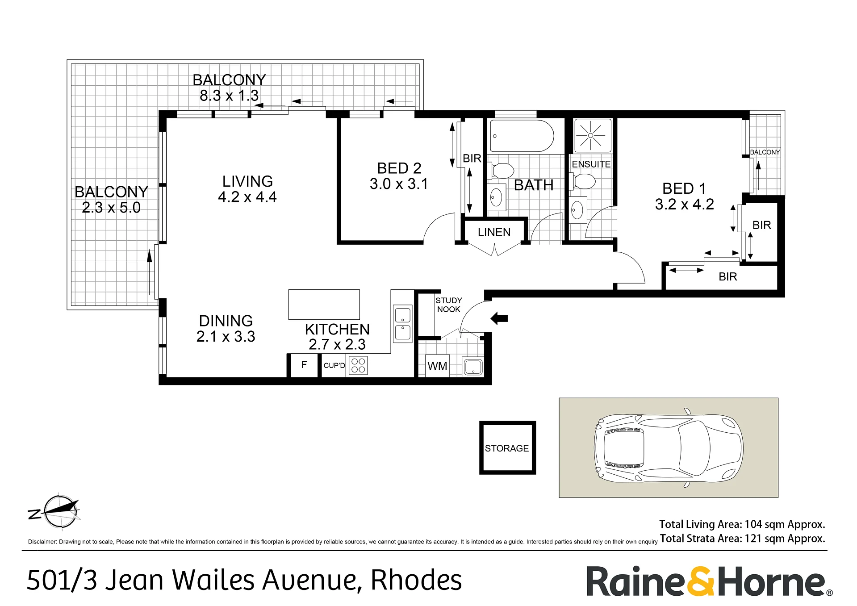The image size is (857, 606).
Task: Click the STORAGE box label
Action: pos(507,448)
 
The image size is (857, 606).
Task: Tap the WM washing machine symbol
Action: pos(437,366)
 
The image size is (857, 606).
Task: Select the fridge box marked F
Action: pos(304,365)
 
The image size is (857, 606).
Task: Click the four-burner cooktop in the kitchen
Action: pos(358,365)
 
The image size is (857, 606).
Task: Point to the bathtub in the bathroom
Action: pos(522,136)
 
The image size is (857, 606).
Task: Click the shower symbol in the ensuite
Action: pos(590,135)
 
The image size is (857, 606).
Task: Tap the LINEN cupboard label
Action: pos(494,232)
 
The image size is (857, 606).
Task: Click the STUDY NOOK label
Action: pos(449,305)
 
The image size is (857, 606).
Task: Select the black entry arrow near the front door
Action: pos(499,318)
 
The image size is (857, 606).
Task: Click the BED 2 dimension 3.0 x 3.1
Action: pos(399,184)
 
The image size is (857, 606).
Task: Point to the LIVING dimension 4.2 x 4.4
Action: pos(247,197)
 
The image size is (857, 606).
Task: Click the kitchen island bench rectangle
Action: pos(324,305)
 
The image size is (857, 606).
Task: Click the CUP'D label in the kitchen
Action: pos(334,365)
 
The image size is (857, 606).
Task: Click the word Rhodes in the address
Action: pos(416,580)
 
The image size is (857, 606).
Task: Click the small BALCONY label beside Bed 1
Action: pos(765,152)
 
